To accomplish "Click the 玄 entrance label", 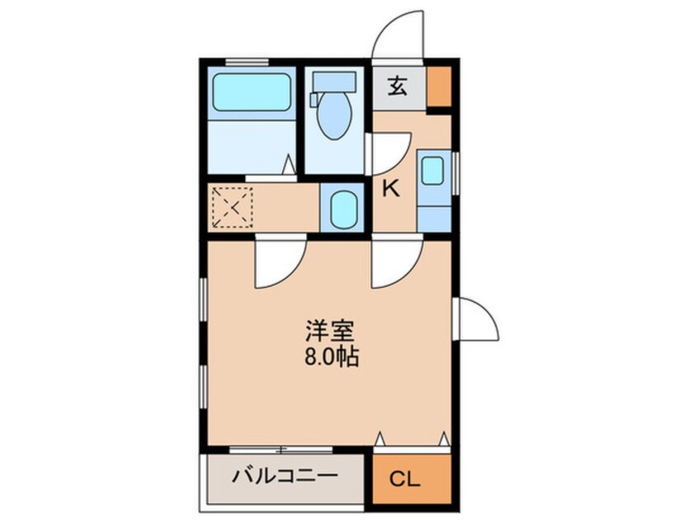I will (x=399, y=87).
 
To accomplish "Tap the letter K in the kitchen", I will (x=390, y=189).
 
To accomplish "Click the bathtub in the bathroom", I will (x=252, y=93).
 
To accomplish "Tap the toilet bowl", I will (x=334, y=116).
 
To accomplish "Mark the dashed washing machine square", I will (x=231, y=209).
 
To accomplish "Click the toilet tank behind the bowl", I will (x=334, y=81).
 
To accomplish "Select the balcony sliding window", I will (x=281, y=450).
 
